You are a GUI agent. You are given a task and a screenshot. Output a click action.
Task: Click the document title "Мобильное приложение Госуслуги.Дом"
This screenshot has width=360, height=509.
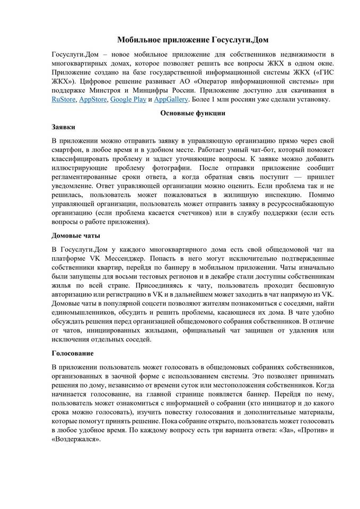point(179,40)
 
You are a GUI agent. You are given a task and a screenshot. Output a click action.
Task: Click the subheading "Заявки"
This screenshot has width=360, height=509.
point(63,127)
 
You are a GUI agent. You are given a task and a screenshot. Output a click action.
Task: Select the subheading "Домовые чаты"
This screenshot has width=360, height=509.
point(76,235)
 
